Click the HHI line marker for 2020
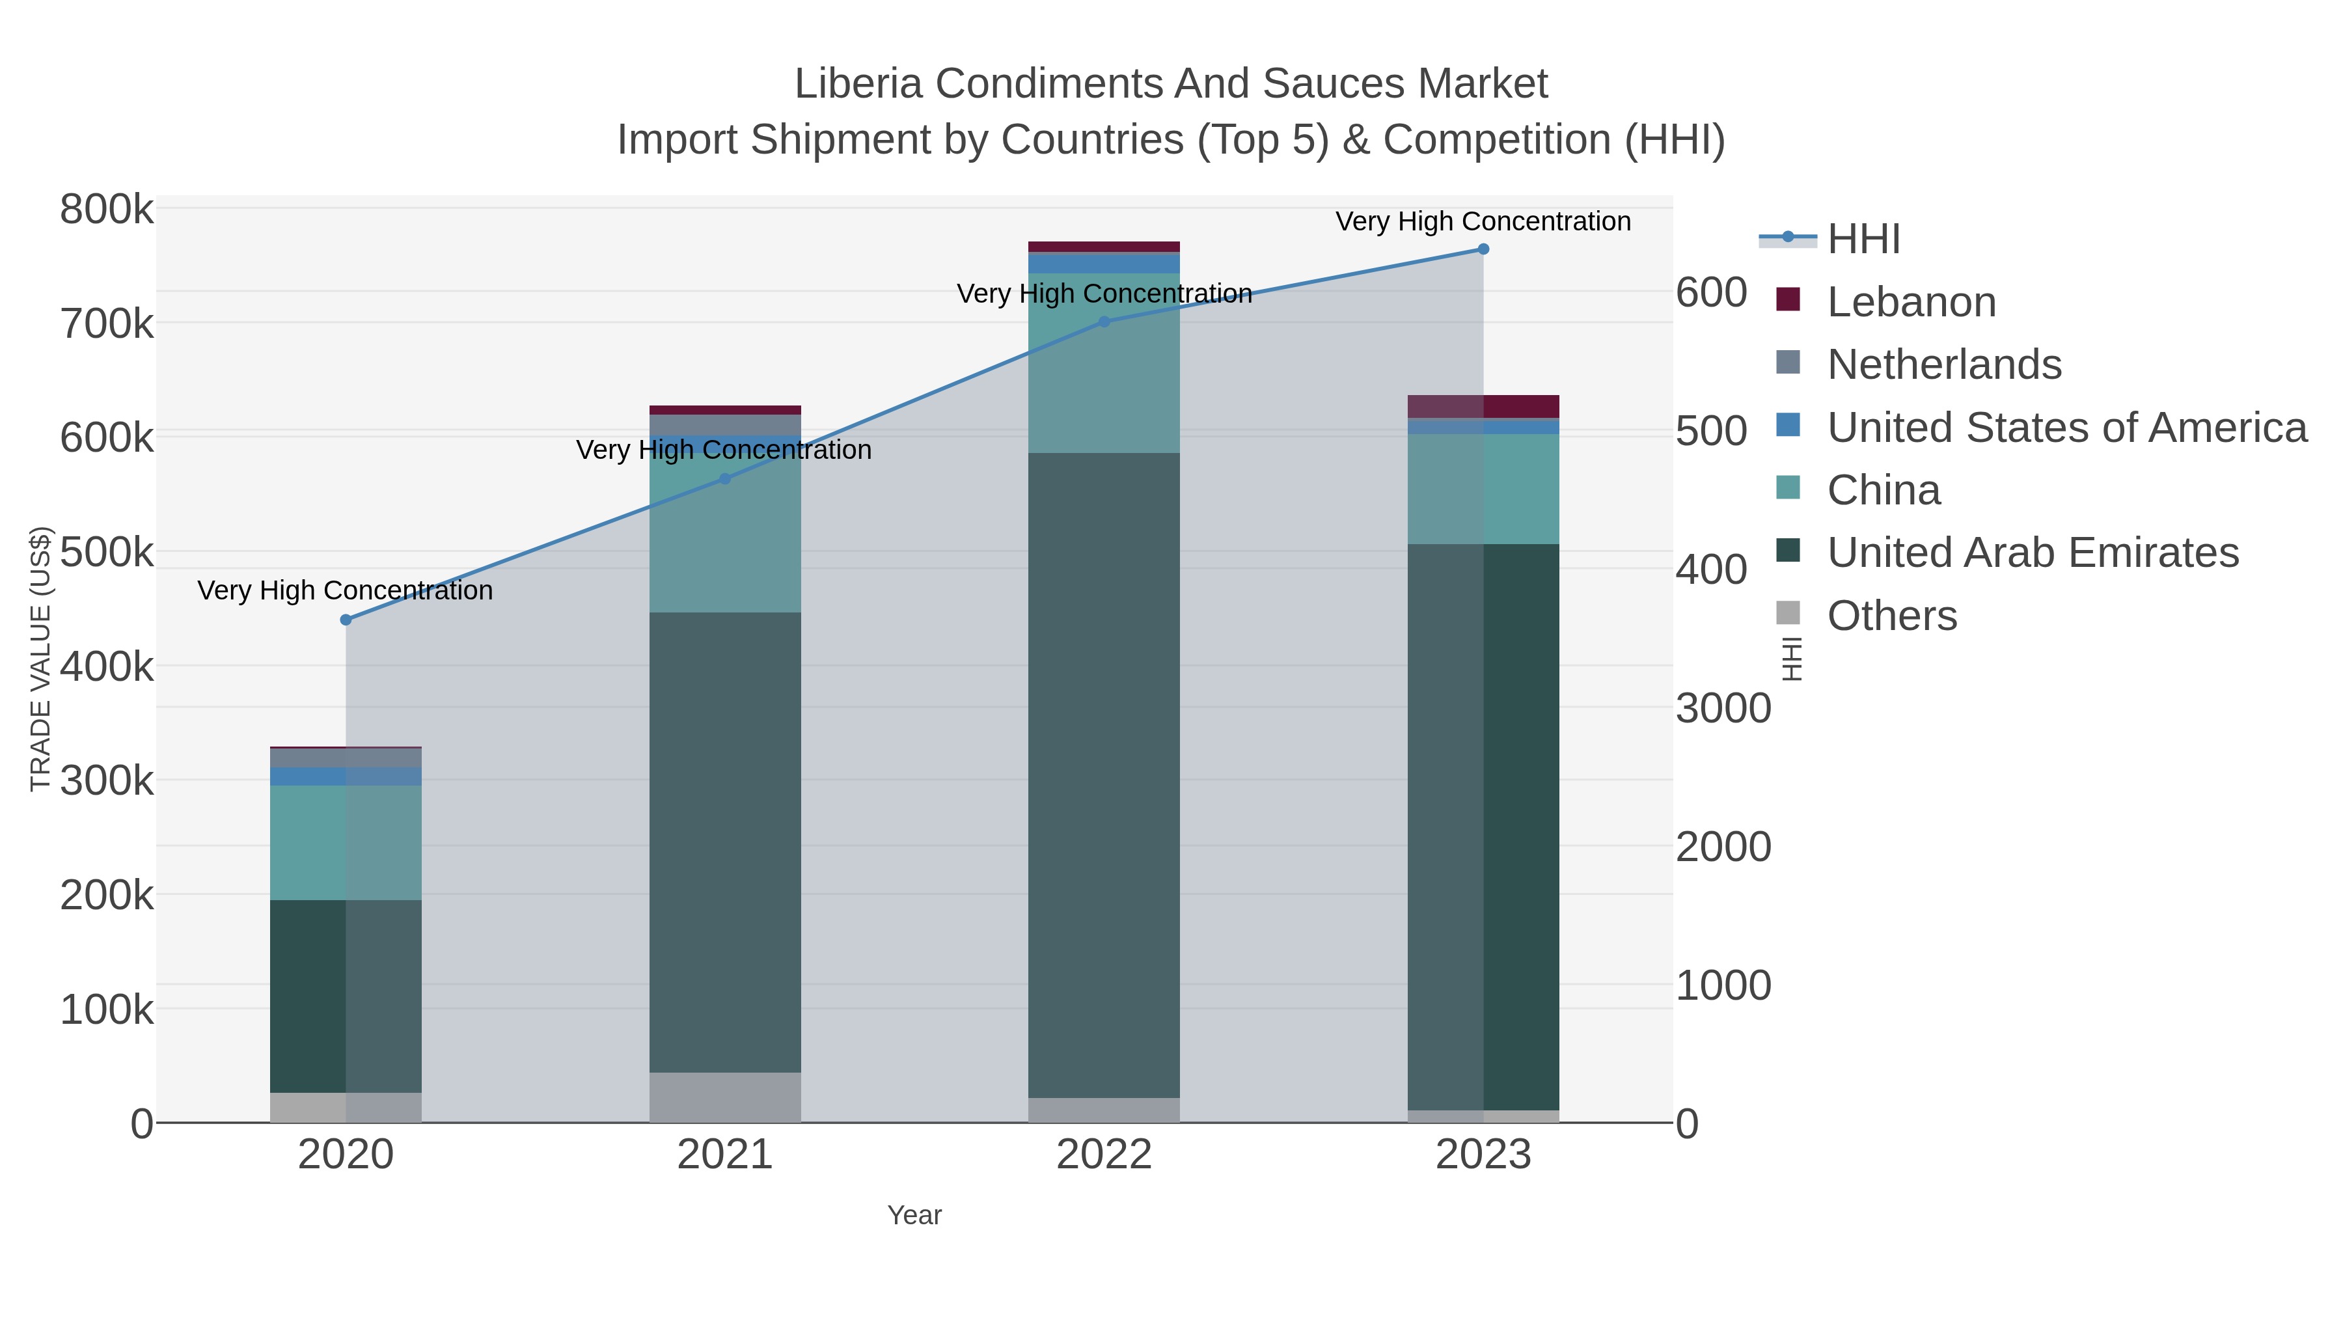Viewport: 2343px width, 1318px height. coord(346,620)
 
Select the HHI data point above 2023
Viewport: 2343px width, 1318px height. coord(1483,249)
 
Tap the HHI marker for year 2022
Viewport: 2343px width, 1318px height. coord(1104,321)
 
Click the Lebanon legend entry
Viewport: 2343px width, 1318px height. coord(1911,302)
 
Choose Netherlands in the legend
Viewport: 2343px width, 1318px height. coord(1943,364)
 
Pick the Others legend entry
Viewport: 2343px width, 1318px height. coord(1891,616)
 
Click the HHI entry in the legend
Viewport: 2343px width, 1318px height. coord(1863,240)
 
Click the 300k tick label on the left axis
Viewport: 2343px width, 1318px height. coord(107,780)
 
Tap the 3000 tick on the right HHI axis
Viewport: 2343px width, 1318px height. coord(1723,709)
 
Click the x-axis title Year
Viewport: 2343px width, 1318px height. coord(914,1215)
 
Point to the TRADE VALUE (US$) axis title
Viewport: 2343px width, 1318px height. coord(41,659)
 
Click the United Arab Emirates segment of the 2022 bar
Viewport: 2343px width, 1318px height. coord(1104,773)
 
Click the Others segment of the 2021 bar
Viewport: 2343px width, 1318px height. coord(725,1097)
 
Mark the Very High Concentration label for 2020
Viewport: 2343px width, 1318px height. coord(346,590)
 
